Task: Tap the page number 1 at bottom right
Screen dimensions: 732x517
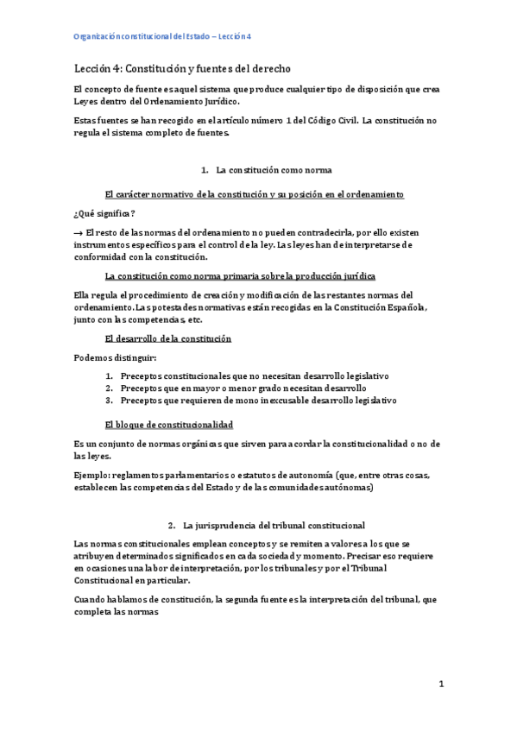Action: (440, 684)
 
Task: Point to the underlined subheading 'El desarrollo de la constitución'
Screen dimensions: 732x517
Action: (167, 339)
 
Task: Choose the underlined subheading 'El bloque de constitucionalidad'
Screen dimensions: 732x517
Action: (168, 424)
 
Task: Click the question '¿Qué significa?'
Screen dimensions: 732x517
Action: (104, 213)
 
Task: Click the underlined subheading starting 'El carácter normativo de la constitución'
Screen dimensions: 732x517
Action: (254, 194)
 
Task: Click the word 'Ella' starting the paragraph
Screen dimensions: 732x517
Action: (84, 295)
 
